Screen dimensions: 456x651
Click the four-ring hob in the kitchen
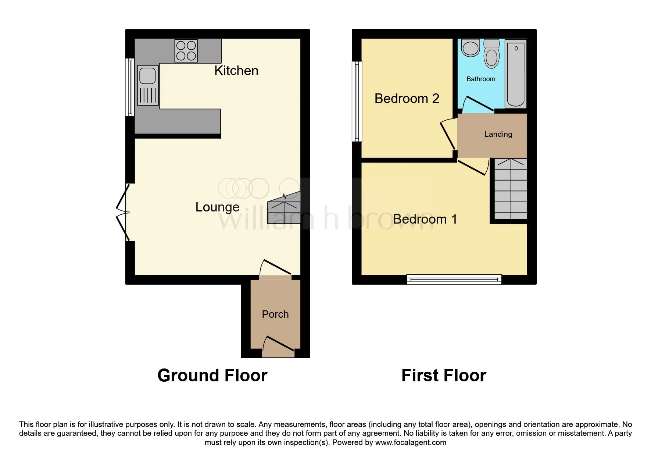186,51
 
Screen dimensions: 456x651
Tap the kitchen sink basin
147,76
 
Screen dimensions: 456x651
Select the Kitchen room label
236,71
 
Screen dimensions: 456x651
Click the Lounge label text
217,207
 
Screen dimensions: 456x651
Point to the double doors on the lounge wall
123,213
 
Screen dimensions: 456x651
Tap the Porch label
275,314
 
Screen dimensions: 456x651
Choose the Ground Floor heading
212,375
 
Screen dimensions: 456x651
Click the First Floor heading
444,375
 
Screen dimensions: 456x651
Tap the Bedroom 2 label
407,99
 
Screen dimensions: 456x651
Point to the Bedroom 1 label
425,219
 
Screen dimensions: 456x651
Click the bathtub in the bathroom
516,74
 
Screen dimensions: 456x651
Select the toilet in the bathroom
491,54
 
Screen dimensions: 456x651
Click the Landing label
498,134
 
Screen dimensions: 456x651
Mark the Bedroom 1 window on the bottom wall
454,280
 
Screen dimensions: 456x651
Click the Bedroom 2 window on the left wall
357,101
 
